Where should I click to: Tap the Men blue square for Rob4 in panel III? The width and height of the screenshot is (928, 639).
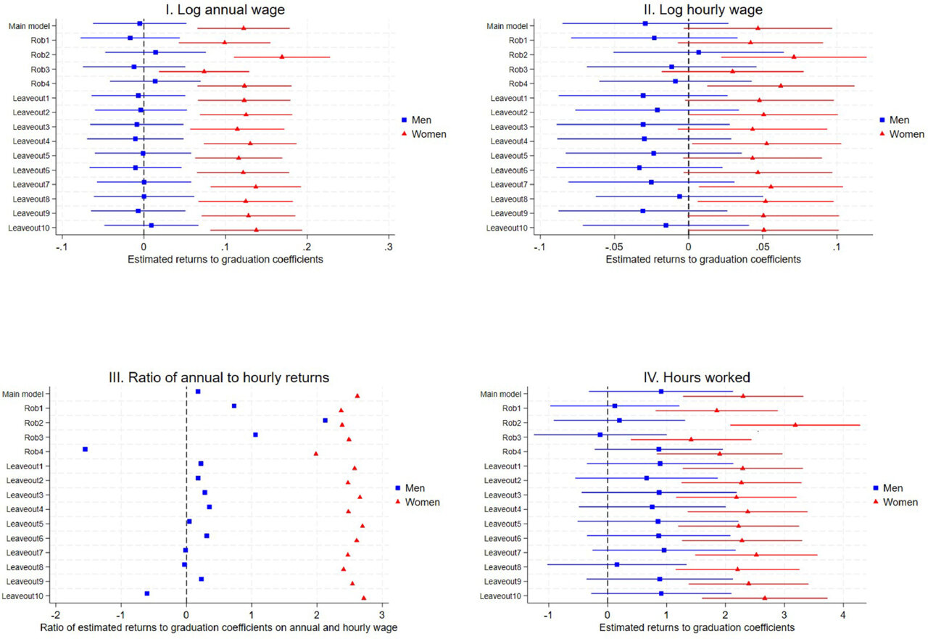click(86, 449)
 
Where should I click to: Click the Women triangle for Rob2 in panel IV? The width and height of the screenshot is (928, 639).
click(795, 425)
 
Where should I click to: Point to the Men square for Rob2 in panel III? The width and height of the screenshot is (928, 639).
click(325, 420)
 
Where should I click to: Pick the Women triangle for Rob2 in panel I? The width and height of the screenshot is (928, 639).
click(282, 57)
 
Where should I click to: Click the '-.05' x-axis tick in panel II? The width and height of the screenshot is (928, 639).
click(613, 247)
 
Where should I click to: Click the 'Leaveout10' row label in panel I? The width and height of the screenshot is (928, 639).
click(28, 228)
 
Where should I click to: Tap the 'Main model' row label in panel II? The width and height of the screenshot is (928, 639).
click(505, 26)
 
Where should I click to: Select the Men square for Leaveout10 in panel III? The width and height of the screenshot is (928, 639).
click(147, 593)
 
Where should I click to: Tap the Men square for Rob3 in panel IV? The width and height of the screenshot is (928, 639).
click(600, 434)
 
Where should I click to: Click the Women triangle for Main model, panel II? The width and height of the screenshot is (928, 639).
click(758, 28)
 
